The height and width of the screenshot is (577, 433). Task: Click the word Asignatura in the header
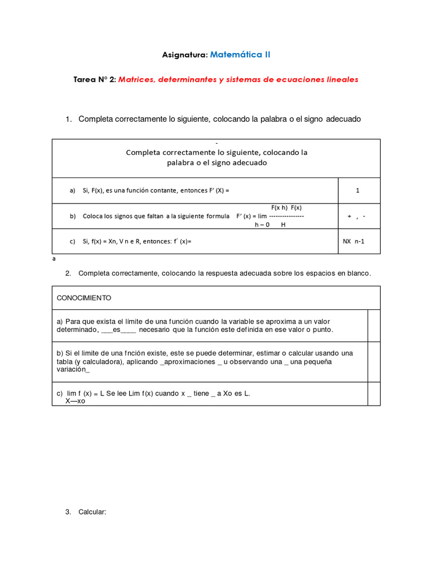click(x=185, y=55)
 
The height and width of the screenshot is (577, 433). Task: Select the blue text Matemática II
click(x=240, y=55)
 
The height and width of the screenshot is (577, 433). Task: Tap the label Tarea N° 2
click(x=95, y=79)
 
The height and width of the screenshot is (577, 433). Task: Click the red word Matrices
click(x=136, y=79)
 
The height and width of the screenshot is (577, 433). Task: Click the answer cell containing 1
click(x=357, y=190)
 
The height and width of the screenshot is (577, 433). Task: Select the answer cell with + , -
click(x=357, y=216)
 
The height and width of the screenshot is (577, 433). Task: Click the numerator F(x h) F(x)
click(x=286, y=207)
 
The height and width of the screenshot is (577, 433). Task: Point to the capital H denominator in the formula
click(x=283, y=224)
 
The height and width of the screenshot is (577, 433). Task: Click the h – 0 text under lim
click(x=262, y=224)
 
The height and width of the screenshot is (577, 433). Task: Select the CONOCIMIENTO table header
click(x=84, y=298)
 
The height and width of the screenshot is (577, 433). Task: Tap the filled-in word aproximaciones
click(x=189, y=361)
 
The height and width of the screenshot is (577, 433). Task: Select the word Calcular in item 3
click(x=92, y=512)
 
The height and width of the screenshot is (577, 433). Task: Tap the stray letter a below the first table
click(x=54, y=260)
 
